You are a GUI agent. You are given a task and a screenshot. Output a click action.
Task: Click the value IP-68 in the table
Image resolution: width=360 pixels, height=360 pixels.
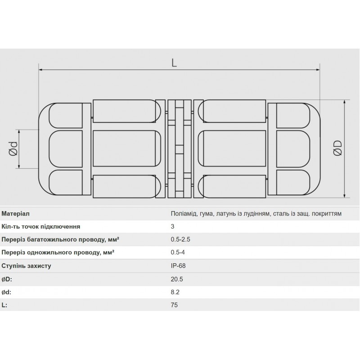click(x=178, y=265)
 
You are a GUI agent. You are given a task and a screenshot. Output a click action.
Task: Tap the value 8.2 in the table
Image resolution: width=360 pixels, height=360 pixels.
click(x=175, y=292)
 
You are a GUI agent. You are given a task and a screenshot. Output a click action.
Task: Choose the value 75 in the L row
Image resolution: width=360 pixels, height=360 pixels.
click(x=174, y=305)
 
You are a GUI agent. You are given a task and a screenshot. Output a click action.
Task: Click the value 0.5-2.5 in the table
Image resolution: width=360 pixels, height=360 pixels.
click(x=180, y=239)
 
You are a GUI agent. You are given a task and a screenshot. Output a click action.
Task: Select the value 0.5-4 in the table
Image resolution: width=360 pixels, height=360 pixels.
click(x=178, y=252)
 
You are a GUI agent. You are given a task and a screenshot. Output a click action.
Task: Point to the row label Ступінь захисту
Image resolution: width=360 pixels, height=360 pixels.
click(x=26, y=265)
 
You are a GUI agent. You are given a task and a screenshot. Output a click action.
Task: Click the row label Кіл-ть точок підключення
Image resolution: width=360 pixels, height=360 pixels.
click(x=41, y=226)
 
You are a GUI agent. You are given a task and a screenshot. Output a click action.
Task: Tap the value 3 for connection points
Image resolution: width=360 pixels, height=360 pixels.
click(x=172, y=226)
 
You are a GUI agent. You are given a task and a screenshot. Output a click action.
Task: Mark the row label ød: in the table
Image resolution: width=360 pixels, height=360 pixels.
click(x=7, y=292)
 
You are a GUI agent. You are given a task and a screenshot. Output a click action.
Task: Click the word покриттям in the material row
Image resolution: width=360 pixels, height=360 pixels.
click(x=327, y=213)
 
